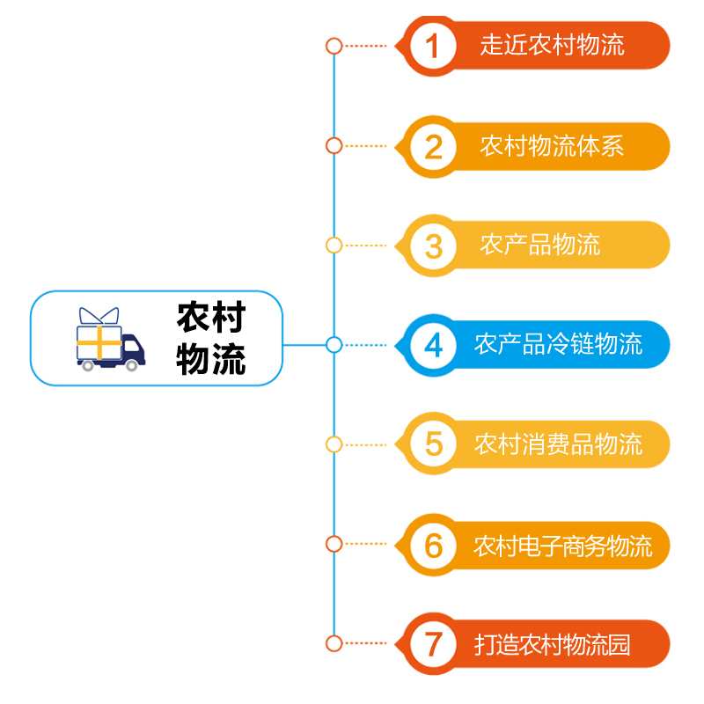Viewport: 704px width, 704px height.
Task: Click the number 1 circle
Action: [433, 46]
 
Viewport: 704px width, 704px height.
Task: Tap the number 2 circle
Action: [433, 146]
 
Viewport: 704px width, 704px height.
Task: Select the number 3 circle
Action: [433, 246]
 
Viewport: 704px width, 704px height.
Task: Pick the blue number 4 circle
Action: [433, 345]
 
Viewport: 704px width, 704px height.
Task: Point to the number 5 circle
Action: [433, 444]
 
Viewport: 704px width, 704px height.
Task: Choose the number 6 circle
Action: [433, 545]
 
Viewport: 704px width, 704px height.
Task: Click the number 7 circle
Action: [433, 644]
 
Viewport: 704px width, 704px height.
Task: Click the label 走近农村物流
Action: [552, 45]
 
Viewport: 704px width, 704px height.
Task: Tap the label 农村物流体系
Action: [552, 146]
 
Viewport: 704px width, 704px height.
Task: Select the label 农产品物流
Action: [539, 246]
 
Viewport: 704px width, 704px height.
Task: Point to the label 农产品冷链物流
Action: [558, 345]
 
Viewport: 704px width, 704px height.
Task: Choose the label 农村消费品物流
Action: [558, 444]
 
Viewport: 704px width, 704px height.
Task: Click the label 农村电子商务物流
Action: [563, 546]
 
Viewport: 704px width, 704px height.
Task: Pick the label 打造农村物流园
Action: [552, 645]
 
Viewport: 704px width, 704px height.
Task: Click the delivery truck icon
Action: [108, 340]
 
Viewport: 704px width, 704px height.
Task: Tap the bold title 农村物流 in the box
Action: [211, 338]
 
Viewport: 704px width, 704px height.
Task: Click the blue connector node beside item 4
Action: [334, 345]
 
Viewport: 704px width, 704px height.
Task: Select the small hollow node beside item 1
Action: [334, 46]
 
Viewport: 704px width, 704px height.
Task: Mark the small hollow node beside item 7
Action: [334, 644]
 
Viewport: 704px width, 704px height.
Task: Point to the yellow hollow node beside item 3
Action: [334, 246]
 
